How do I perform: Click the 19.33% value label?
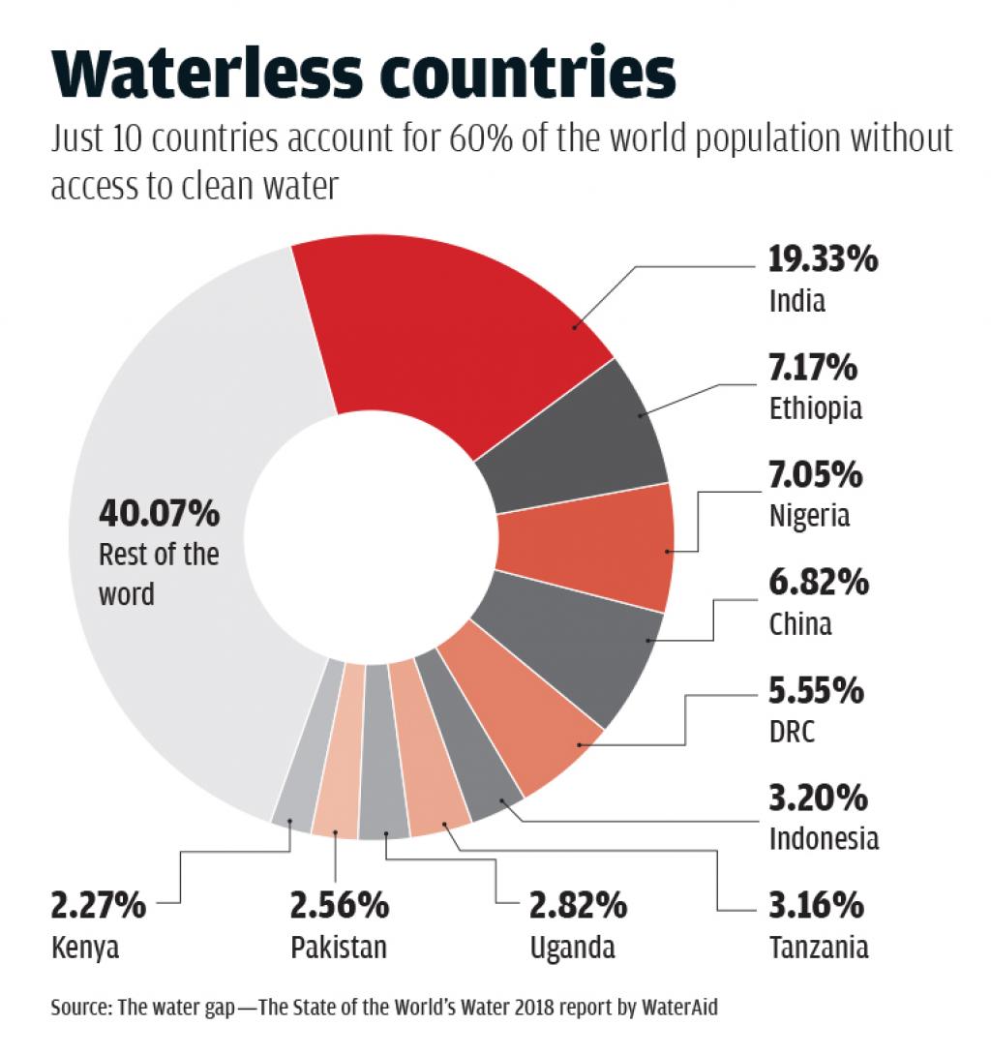(823, 261)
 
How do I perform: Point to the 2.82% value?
(578, 906)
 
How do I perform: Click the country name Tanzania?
(819, 946)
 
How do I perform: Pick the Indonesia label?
(824, 837)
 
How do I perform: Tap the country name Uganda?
(572, 946)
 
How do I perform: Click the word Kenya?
(84, 946)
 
